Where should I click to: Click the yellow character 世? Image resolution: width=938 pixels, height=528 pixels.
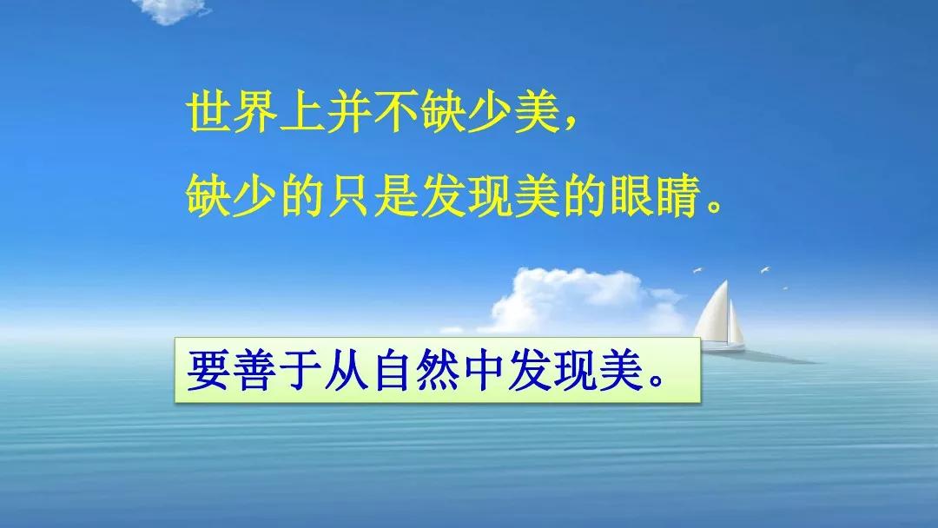tap(209, 114)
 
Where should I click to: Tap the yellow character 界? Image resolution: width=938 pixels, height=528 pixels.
tap(256, 114)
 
